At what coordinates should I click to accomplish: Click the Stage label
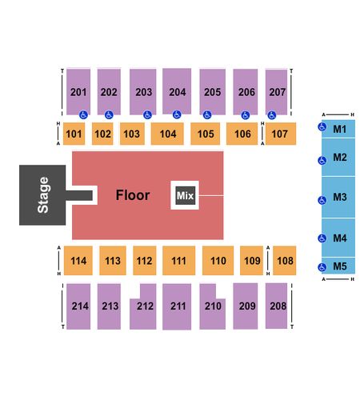[43, 195]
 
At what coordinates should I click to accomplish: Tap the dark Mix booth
[186, 195]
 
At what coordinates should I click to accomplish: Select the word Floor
[133, 195]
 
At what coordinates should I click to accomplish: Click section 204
[177, 91]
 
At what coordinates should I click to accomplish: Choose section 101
[74, 134]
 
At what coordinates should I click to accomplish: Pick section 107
[281, 134]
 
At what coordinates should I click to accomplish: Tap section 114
[78, 261]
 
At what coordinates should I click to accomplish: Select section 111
[178, 261]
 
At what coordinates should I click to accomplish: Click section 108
[285, 261]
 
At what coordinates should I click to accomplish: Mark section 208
[276, 306]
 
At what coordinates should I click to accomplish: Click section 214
[78, 306]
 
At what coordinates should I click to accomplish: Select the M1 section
[338, 129]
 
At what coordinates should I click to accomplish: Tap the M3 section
[338, 197]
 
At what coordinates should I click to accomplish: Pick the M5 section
[338, 266]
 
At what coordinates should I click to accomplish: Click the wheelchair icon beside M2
[322, 161]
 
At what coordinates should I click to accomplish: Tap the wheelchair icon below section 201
[83, 115]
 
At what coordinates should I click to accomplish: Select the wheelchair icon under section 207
[272, 115]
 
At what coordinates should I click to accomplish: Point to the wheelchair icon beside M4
[322, 238]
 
